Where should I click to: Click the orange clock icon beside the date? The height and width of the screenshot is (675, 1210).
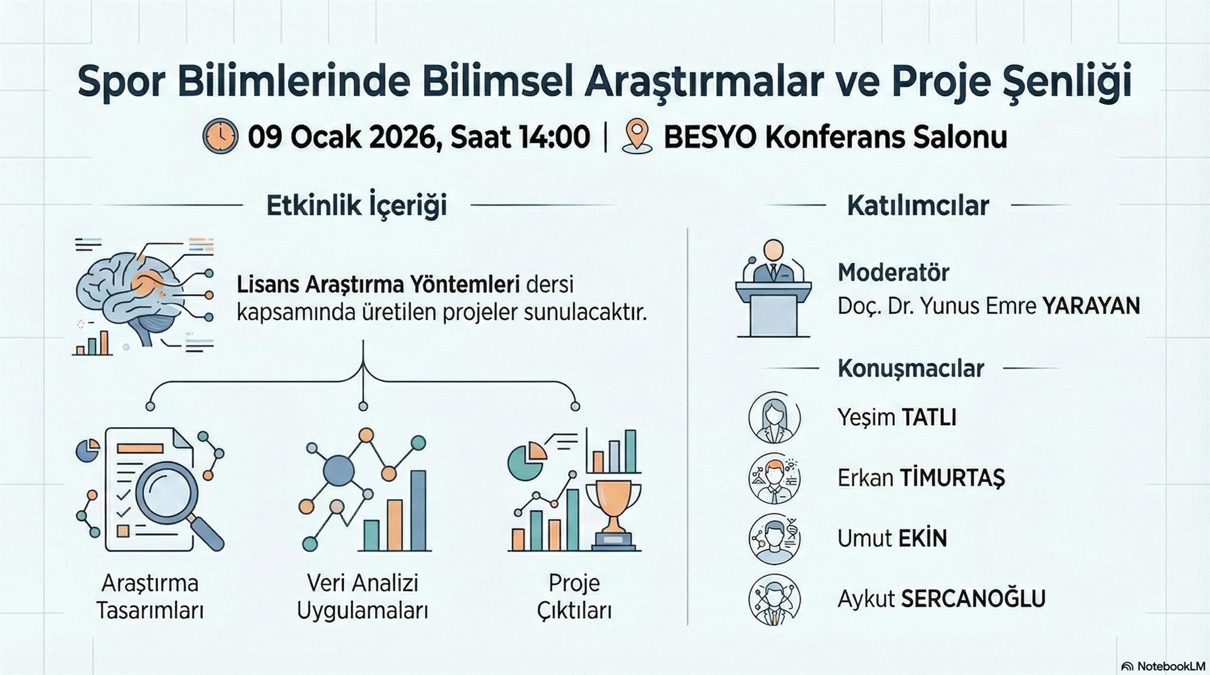(x=221, y=136)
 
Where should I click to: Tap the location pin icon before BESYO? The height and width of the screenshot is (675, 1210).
(x=636, y=135)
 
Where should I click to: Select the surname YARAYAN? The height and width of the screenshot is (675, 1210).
(x=1091, y=306)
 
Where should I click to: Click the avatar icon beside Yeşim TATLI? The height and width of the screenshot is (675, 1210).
(x=774, y=418)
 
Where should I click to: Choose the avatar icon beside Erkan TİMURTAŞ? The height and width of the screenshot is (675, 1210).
(x=774, y=478)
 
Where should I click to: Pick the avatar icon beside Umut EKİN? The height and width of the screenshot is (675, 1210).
(x=774, y=538)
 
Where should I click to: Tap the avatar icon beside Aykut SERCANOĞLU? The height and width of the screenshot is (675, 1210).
(x=774, y=599)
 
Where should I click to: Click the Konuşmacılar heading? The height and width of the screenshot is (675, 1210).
(x=911, y=368)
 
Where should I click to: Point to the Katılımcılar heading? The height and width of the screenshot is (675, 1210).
(x=918, y=206)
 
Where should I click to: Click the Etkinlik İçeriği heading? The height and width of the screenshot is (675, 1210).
(x=357, y=205)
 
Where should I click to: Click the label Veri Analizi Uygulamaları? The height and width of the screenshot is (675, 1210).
(x=363, y=597)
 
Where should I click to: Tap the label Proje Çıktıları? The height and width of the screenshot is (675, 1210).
(x=575, y=597)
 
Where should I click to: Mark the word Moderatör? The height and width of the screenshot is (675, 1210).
(x=894, y=273)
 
